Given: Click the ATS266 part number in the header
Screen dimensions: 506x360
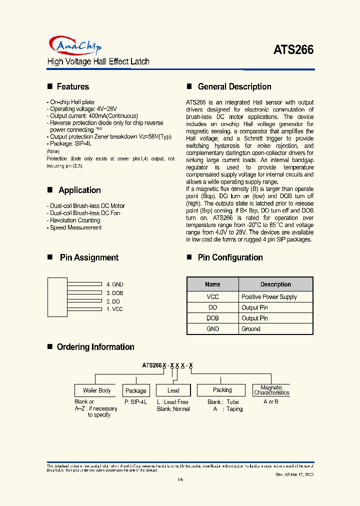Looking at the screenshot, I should pos(293,50).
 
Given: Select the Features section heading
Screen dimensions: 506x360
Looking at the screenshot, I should pos(72,86).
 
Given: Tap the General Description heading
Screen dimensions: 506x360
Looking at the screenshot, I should pos(234,86).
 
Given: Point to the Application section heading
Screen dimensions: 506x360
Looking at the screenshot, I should pos(79,190).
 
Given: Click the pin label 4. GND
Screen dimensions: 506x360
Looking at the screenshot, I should pos(114,284).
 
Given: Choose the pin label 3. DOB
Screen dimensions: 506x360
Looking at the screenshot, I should pos(114,292).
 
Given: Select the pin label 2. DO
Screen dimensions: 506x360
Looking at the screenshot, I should pos(113,301).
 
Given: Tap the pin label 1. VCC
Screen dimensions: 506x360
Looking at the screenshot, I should pos(114,309).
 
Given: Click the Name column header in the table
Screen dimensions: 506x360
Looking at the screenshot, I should pos(212,284).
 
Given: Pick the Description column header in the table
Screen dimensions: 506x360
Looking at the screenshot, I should pos(275,284).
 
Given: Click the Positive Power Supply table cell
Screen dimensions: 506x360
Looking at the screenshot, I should pos(269,296).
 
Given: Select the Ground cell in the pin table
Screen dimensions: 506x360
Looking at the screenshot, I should pos(251,329).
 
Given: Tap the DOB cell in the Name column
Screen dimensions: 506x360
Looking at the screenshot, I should pos(212,318).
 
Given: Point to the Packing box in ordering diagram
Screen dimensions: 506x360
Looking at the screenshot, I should pos(222,390).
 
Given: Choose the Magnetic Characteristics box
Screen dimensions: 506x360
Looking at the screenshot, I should pos(271,390).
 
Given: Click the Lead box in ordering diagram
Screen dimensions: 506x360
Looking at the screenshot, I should pos(173,390).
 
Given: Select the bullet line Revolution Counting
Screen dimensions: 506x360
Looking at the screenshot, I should pos(75,220).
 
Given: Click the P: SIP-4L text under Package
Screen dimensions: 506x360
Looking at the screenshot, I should pos(135,402).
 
